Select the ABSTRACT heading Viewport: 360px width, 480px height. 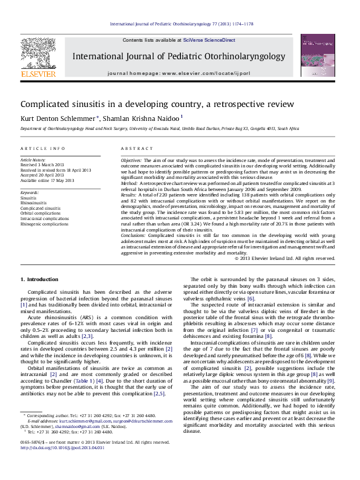tap(136, 148)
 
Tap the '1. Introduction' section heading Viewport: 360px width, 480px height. tap(40, 279)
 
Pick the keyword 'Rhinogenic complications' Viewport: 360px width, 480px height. tap(44, 224)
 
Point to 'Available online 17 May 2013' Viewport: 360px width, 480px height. tap(47, 180)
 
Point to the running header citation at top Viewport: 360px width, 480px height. tap(181, 24)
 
